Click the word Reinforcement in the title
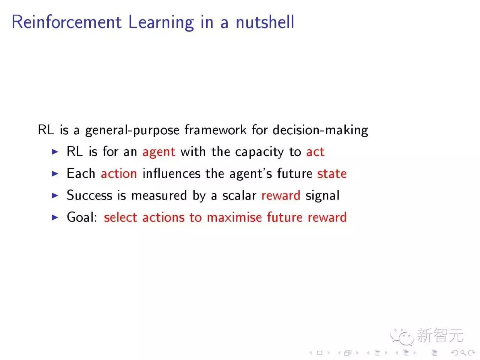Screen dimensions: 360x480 [67, 22]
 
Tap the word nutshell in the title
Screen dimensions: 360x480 [265, 22]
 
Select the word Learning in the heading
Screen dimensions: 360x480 [161, 22]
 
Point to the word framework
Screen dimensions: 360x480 [216, 130]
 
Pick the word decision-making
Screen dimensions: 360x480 [320, 130]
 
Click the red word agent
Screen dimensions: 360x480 [159, 152]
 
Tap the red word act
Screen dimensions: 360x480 [315, 152]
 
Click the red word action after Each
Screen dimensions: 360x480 [118, 174]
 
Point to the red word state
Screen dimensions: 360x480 [332, 174]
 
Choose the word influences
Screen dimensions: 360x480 [171, 174]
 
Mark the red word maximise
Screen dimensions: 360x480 [234, 217]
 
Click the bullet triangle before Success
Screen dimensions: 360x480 [55, 195]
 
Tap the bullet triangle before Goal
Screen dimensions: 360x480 [55, 217]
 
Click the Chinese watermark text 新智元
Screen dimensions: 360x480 [440, 335]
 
